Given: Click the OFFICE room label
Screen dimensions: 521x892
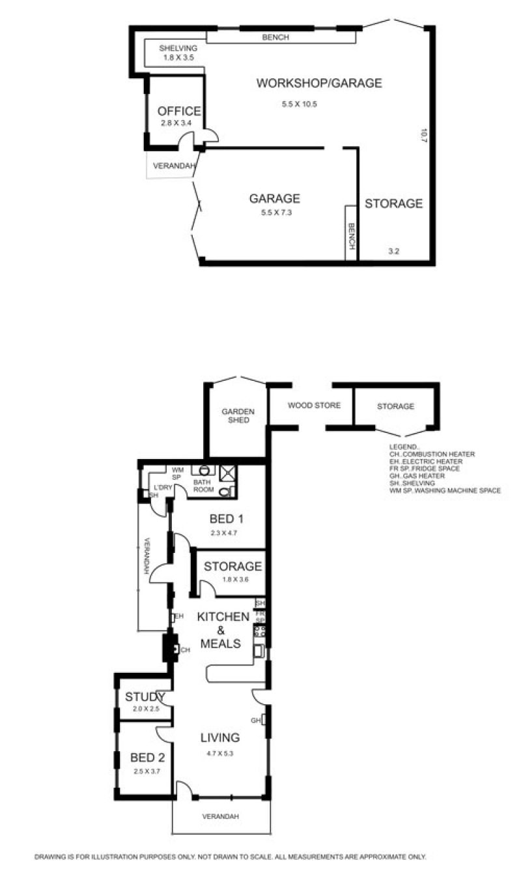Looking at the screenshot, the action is coord(179,111).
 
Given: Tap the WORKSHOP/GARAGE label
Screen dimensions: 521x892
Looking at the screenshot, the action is coord(319,83).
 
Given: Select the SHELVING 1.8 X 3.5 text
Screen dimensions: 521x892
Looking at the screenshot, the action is coord(178,53).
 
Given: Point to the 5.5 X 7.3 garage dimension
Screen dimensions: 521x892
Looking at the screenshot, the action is coord(276,213).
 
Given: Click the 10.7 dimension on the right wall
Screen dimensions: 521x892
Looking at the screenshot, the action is coord(423,135).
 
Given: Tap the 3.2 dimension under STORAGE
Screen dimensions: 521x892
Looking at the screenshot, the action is coord(393,251).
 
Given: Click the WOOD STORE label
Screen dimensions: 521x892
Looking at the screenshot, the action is coord(314,406).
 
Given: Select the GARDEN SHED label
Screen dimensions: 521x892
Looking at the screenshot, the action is coord(238,415).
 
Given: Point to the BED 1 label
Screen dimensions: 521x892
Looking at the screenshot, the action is coord(226,519).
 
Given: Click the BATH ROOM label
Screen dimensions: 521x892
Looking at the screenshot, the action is coord(203,485).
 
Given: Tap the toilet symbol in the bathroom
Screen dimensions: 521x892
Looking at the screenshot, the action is coord(225,492).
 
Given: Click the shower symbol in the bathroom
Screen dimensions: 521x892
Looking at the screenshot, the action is coord(228,473).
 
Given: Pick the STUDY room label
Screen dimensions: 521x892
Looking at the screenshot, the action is coord(145,697).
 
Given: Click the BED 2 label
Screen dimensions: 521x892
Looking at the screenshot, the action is coord(147,758).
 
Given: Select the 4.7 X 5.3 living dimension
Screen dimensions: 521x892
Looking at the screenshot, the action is coord(219,753).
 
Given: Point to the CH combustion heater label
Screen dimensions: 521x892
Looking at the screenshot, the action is coord(185,650).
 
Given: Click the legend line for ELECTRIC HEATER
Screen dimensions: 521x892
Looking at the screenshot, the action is coord(426,462).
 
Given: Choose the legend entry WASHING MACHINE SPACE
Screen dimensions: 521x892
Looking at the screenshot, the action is coord(445,490).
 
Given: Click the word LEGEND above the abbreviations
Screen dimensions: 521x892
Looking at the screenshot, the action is coord(404,447).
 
